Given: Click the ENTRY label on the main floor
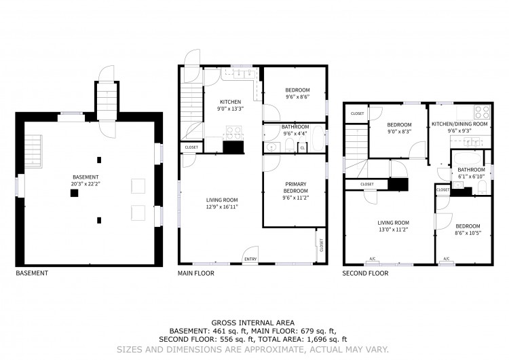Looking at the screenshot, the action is point(250,259).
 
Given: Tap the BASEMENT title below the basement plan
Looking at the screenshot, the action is point(32,273).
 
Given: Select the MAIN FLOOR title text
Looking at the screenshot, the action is point(195,273).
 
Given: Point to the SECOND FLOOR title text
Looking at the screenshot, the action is point(365,273).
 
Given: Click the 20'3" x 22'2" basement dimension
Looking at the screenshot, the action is point(86,183).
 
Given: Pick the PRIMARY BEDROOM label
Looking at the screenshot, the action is point(295,187).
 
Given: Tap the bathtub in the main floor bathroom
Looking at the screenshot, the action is point(317,139).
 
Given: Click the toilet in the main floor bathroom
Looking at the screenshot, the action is point(290,145).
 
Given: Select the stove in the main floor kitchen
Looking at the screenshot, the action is point(233,133).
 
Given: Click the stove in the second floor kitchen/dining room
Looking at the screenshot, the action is point(482,112).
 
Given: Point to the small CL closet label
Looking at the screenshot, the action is point(303,148).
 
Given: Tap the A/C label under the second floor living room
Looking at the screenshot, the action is point(373,259).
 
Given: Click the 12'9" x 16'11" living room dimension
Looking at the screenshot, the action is point(223,206).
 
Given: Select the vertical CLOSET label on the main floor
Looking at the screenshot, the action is point(322,245).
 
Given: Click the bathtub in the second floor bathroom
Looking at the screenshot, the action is point(466,158).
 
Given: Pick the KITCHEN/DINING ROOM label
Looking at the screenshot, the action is point(459,124).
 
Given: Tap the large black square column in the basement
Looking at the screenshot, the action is point(75,193).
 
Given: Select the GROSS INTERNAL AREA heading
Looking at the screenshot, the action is point(253,323).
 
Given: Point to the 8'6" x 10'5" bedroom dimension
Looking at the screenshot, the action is point(468,232).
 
